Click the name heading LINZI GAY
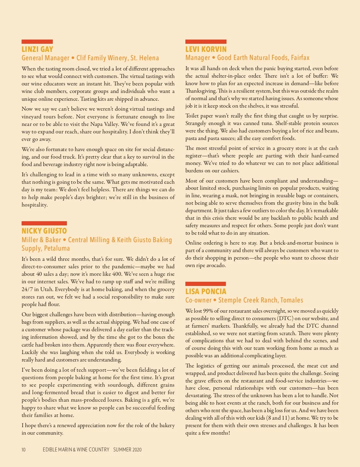click(x=37, y=49)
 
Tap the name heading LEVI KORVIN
click(x=206, y=49)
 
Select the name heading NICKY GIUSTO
click(x=44, y=231)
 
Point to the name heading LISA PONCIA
click(x=205, y=291)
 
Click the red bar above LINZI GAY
click(x=37, y=42)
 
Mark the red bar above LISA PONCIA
click(x=205, y=284)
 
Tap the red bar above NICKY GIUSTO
click(x=44, y=223)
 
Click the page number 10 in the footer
click(x=23, y=450)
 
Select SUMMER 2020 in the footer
click(x=127, y=450)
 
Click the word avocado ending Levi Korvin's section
click(x=215, y=265)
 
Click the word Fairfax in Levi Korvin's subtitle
click(x=300, y=58)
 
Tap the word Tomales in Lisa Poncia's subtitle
click(x=292, y=300)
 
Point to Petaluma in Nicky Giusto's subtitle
click(x=57, y=248)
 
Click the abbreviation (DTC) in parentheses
click(x=285, y=318)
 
